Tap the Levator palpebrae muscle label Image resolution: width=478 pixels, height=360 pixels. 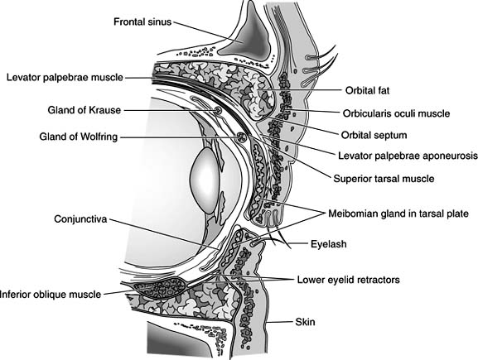(x=64, y=77)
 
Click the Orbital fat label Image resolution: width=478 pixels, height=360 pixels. (x=367, y=90)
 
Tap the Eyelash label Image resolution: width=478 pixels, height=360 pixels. (x=330, y=245)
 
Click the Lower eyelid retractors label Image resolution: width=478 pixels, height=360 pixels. (x=348, y=281)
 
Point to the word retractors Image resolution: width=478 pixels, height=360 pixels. (x=374, y=281)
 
